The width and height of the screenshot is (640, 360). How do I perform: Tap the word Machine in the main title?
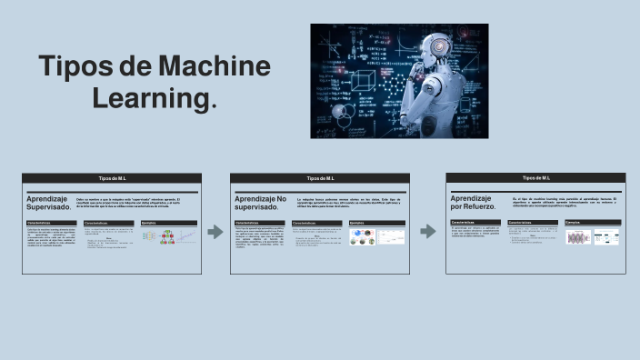pos(214,67)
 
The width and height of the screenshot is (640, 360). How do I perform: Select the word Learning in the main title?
pos(151,98)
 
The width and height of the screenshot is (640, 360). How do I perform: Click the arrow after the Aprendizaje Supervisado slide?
pos(215,232)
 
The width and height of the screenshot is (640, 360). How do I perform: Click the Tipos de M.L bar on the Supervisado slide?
pos(112,178)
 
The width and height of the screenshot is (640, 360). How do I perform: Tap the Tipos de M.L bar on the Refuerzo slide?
pos(536,177)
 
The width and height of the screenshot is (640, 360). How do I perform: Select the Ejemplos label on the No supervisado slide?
pos(357,222)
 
